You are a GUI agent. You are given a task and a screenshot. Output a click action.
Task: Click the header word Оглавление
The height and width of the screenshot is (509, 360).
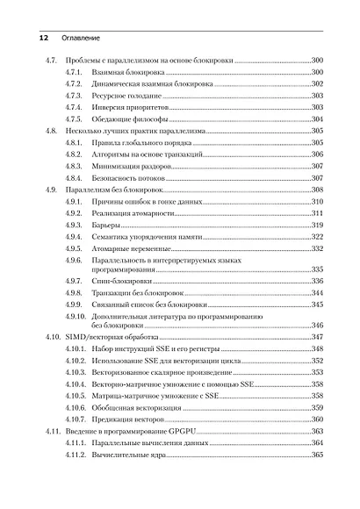click(81, 39)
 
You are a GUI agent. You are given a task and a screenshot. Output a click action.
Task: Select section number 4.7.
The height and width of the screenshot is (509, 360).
click(51, 59)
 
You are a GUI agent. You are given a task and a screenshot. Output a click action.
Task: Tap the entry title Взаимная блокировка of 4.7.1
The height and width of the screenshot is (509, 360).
click(126, 71)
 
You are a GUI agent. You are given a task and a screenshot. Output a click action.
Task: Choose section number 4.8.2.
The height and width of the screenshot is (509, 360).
click(74, 154)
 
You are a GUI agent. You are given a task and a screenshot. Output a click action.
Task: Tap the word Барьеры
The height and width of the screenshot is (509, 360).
click(106, 226)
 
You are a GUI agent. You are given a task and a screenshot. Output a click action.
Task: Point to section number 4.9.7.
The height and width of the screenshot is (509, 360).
click(74, 281)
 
